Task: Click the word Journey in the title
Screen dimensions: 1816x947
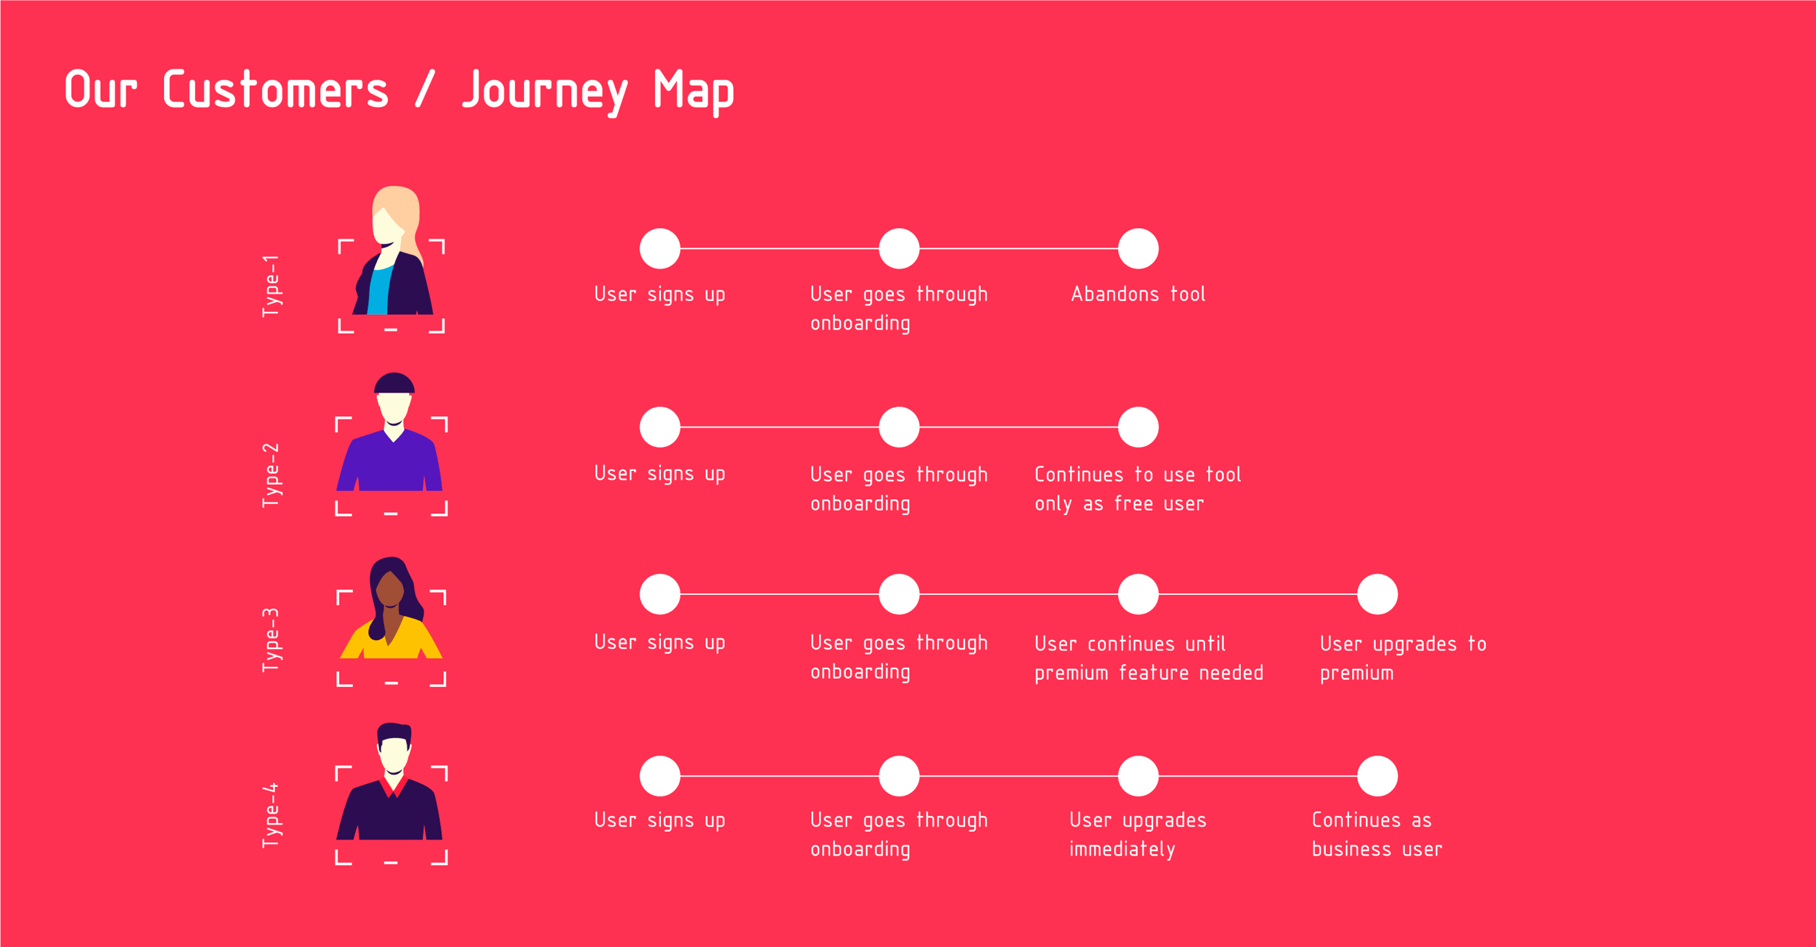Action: (544, 92)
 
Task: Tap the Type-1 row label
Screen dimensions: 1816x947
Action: (271, 285)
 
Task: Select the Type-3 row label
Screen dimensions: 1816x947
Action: (271, 640)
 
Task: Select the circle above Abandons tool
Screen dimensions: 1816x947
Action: (1138, 248)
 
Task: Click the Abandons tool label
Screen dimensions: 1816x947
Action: (1138, 294)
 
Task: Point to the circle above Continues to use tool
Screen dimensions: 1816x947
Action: (1138, 427)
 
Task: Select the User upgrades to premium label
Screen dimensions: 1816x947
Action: (1403, 657)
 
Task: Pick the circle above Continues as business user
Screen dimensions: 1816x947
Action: (1377, 777)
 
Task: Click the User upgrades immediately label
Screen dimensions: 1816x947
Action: (1138, 833)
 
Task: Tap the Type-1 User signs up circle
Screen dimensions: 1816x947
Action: (660, 248)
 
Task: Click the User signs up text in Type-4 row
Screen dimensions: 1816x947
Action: (660, 819)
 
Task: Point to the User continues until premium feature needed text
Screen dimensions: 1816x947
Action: (1148, 657)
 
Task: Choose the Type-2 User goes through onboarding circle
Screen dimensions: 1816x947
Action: (899, 427)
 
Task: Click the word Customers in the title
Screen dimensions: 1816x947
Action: (276, 90)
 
